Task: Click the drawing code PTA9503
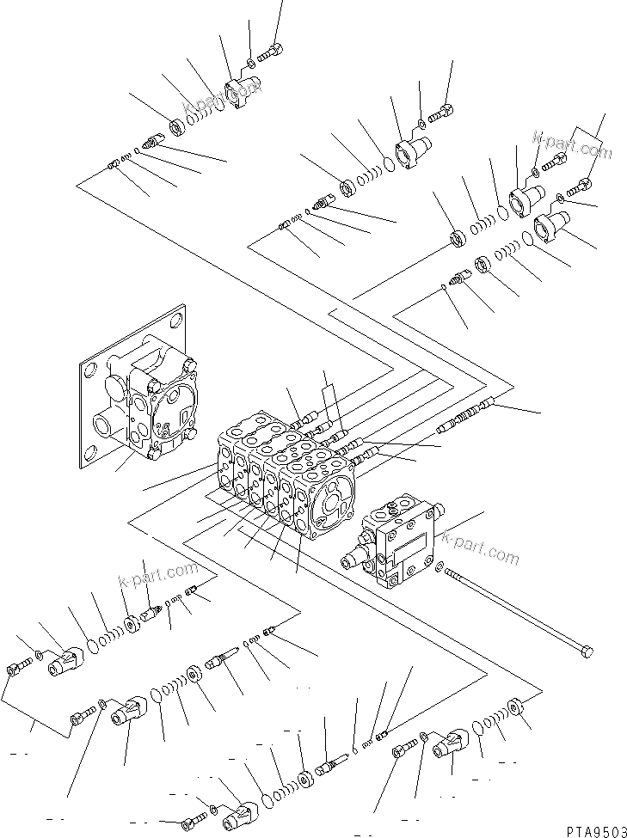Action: point(593,829)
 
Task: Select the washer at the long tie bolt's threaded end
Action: point(440,568)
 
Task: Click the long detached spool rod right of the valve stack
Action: point(466,415)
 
